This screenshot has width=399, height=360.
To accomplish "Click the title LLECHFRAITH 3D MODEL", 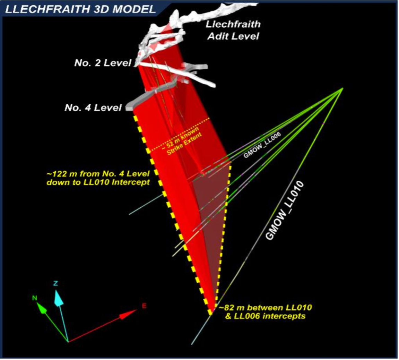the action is tap(80, 9).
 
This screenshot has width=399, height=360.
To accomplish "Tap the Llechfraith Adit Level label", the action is tap(233, 30).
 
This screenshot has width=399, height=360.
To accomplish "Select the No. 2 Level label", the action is tap(103, 63).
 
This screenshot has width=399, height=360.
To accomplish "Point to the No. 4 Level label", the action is tap(93, 108).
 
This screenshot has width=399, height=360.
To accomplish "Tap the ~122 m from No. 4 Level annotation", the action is tap(98, 178).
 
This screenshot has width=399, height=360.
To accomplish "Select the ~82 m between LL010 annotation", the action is tap(265, 311).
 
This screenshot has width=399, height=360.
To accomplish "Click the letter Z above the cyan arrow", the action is tap(55, 283).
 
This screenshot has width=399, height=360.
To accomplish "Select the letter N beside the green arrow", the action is tap(34, 298).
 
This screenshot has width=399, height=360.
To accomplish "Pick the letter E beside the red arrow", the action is tap(144, 306).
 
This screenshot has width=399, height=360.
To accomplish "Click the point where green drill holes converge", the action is tap(342, 88).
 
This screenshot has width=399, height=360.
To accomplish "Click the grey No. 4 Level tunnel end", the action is tap(129, 108).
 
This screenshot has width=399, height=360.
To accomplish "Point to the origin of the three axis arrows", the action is tap(68, 342).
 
